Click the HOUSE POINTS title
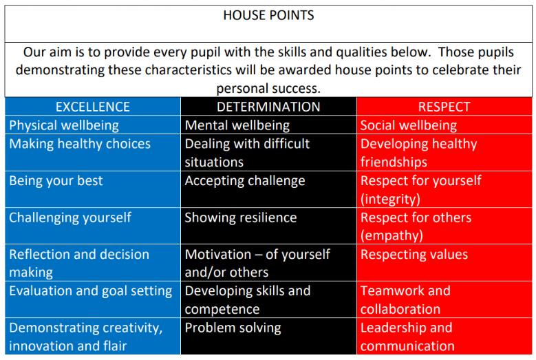tap(268, 15)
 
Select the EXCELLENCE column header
tap(93, 107)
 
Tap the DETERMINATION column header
tap(268, 107)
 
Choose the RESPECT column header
tap(444, 107)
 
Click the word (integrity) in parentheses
tap(390, 200)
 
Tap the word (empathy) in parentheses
tap(392, 235)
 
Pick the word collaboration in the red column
tap(400, 309)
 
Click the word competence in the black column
tap(222, 309)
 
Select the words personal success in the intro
tap(268, 89)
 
